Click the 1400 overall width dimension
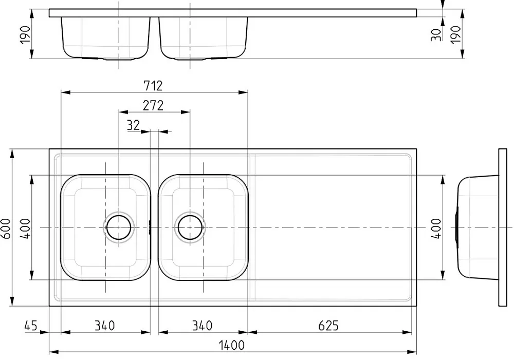click(231, 345)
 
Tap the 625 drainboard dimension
click(328, 326)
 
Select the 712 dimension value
click(153, 86)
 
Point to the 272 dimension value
click(153, 105)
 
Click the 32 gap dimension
click(133, 125)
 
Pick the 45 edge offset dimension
click(31, 326)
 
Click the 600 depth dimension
click(6, 228)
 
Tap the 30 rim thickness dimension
click(436, 35)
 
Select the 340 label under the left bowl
click(104, 326)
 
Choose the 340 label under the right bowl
click(202, 326)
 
